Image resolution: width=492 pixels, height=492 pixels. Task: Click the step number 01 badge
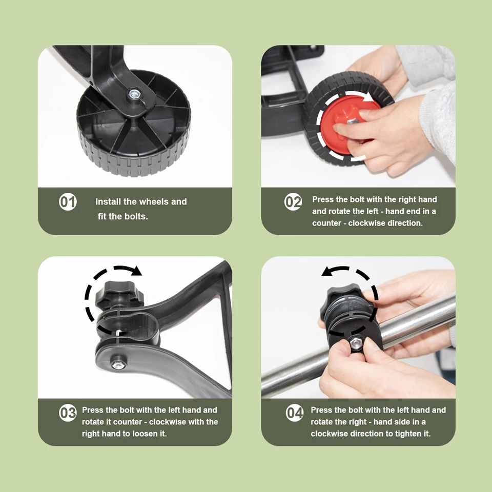[68, 202]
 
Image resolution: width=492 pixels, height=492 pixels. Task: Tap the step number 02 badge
[293, 202]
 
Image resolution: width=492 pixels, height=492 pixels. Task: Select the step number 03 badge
[68, 413]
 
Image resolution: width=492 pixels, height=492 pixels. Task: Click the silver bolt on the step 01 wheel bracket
[134, 94]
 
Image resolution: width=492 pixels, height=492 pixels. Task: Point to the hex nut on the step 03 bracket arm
[118, 365]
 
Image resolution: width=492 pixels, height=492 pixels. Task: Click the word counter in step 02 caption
[326, 223]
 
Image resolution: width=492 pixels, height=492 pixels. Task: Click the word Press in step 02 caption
[322, 199]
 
